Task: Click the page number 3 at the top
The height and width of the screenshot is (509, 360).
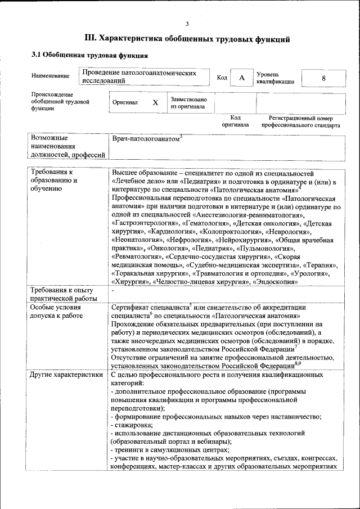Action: coord(187,23)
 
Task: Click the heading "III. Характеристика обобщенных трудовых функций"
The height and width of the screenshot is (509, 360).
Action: coord(187,39)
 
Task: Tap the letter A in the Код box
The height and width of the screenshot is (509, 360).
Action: coord(241,78)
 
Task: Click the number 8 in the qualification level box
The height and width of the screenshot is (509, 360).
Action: coord(323,78)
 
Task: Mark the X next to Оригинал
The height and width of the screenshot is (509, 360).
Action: coord(156,103)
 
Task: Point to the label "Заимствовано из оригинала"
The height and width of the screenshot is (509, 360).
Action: coord(188,102)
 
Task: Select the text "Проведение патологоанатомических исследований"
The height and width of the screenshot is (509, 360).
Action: coord(138,77)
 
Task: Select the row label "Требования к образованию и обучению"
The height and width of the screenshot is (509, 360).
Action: coord(54,181)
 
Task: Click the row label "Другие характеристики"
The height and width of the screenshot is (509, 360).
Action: coord(67,374)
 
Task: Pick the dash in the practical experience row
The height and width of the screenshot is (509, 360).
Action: coord(113,291)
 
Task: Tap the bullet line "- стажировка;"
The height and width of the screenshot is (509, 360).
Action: coord(132,425)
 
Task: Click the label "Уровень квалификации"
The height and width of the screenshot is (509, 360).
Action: coord(275,78)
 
